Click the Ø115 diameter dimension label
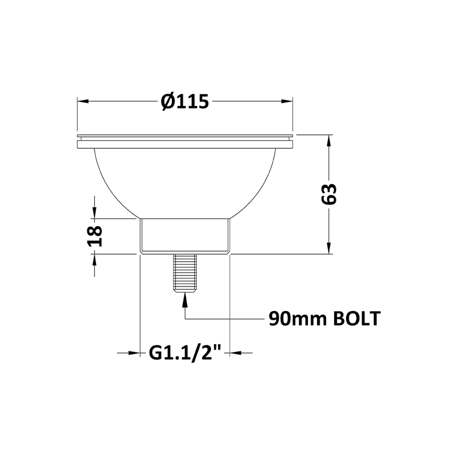click(x=185, y=101)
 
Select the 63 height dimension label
click(x=329, y=194)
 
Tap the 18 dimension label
click(x=95, y=236)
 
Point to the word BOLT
click(x=357, y=319)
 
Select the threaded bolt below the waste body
click(x=185, y=273)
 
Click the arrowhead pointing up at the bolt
click(x=185, y=299)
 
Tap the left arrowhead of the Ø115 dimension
click(x=83, y=101)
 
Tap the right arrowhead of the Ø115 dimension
click(x=287, y=101)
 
